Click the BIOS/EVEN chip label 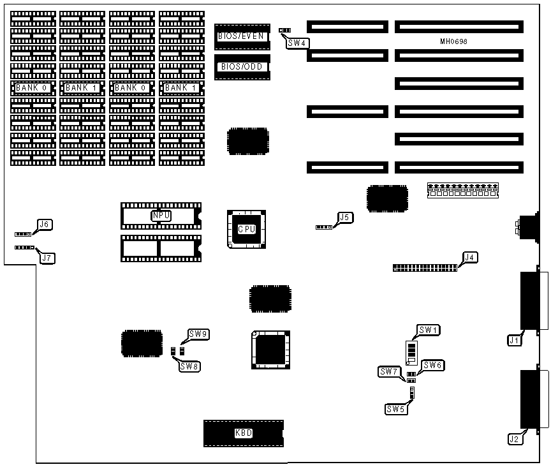click(x=241, y=36)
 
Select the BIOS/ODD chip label click(x=242, y=66)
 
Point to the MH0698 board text click(x=455, y=41)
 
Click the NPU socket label click(x=161, y=216)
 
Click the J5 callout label click(x=344, y=218)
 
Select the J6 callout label click(x=45, y=225)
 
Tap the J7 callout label click(x=47, y=258)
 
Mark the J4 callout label click(x=470, y=258)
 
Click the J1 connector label click(x=514, y=341)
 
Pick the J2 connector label click(x=514, y=439)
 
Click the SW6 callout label click(x=432, y=365)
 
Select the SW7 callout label click(x=388, y=371)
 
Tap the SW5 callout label click(x=395, y=409)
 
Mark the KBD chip click(x=244, y=433)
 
